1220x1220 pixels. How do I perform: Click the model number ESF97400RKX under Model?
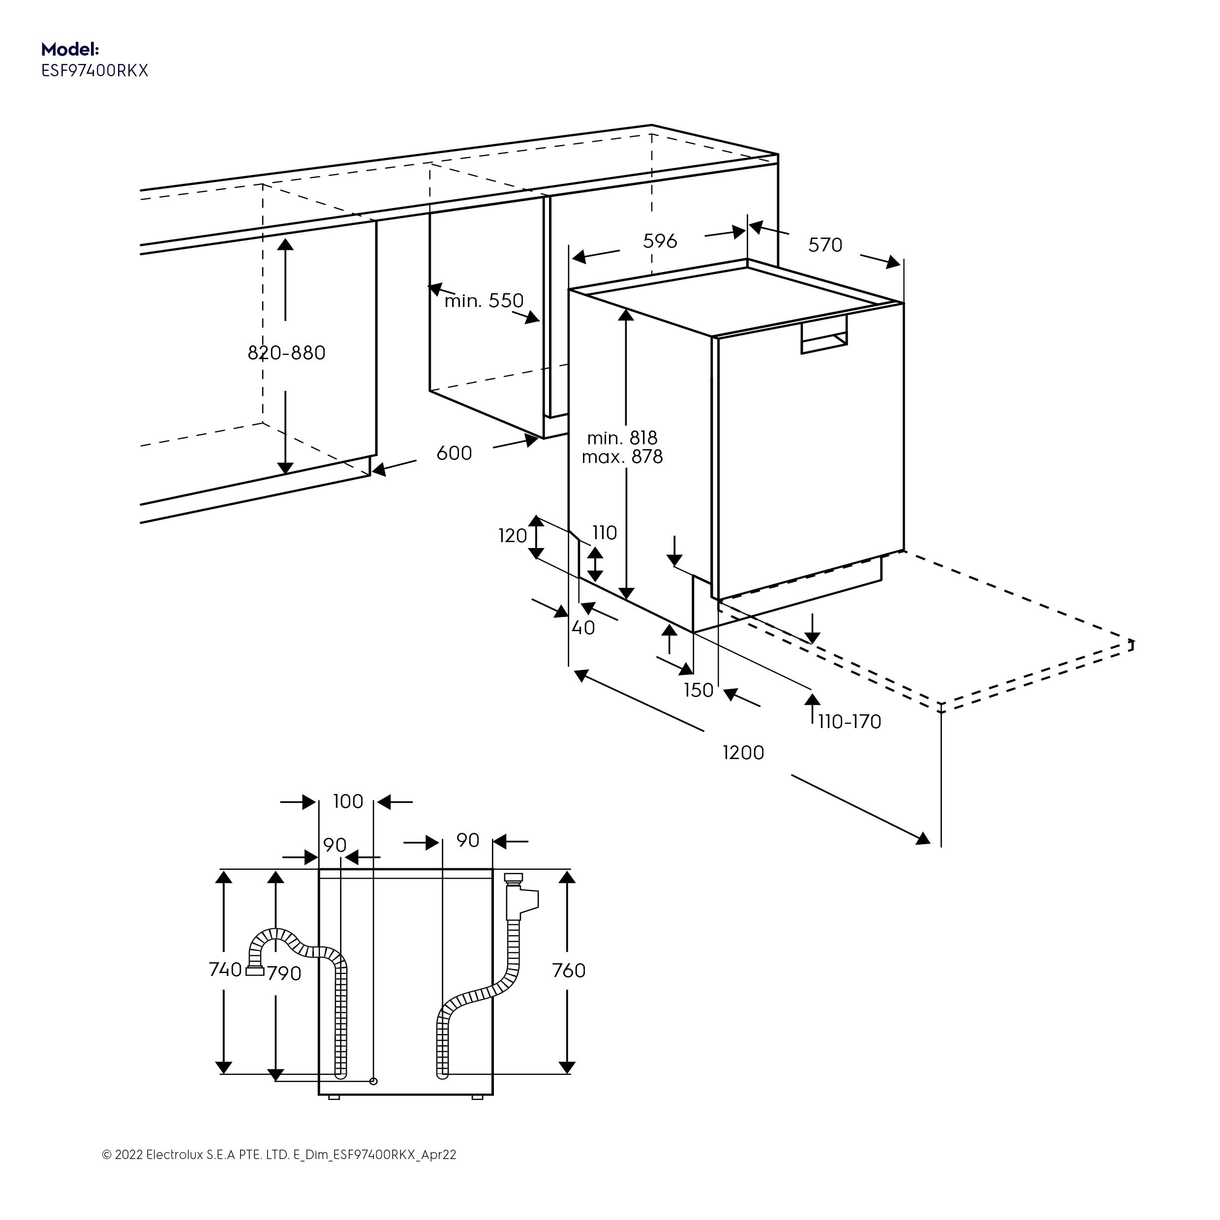click(x=95, y=71)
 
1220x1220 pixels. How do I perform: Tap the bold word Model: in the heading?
click(x=70, y=49)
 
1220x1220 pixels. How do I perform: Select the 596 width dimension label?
click(x=660, y=241)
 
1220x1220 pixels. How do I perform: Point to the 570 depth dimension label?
click(x=825, y=245)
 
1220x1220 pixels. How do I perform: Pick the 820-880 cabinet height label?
click(x=286, y=353)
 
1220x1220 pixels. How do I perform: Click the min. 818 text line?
click(x=622, y=438)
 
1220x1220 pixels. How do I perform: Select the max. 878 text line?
click(x=622, y=457)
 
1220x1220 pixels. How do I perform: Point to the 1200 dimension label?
click(x=743, y=753)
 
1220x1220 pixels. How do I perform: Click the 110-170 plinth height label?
click(x=850, y=721)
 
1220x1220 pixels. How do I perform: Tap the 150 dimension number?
click(x=699, y=690)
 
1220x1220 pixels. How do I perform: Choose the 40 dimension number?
click(x=583, y=628)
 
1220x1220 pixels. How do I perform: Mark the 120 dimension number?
click(x=512, y=536)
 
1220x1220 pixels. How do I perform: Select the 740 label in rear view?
click(x=225, y=969)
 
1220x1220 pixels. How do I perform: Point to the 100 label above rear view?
click(x=348, y=801)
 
